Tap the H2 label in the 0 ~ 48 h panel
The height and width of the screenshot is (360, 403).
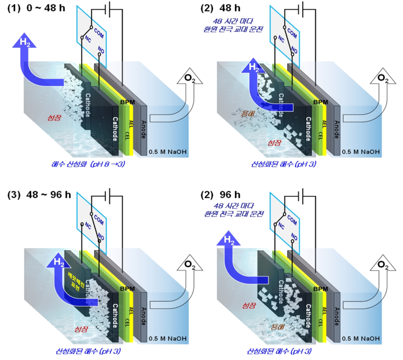coord(24,42)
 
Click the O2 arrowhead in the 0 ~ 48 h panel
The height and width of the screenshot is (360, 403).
coord(189,78)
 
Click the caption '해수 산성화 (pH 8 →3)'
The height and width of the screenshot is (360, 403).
coord(83,164)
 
